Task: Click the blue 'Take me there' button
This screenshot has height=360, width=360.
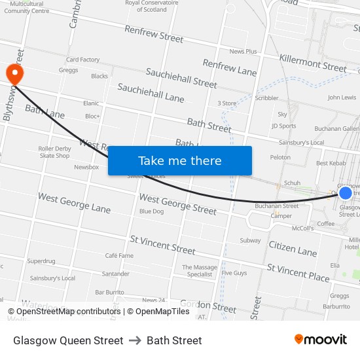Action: pos(180,161)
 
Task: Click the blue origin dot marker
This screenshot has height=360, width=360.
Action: pos(346,192)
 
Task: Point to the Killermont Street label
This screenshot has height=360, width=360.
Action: pos(313,63)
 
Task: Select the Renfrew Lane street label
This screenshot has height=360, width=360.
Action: pos(230,67)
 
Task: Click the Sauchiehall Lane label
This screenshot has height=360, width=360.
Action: pos(151,92)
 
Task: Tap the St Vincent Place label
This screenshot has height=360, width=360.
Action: pos(298,272)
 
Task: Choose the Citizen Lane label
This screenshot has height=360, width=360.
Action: pos(293,247)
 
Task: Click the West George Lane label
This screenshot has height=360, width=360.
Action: pos(74,203)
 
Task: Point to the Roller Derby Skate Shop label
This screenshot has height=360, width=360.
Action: pos(54,152)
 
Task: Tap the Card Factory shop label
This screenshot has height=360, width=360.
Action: pos(82,60)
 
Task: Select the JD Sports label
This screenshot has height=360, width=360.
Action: pos(283,126)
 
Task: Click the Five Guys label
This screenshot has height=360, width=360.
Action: pos(234,273)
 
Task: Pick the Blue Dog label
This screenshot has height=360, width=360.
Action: pos(151,211)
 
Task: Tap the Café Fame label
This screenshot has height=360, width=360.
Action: pos(119,255)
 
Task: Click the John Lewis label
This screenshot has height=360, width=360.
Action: pos(342,98)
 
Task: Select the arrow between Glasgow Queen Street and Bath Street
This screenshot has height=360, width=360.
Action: pos(135,340)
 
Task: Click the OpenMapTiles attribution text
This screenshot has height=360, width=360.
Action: pos(158,312)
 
